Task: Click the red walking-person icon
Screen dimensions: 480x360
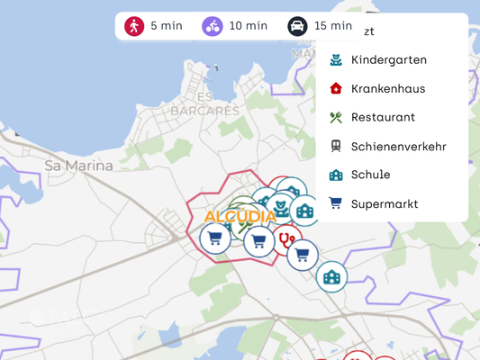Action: [x=134, y=26]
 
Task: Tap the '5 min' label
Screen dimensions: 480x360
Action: [x=167, y=26]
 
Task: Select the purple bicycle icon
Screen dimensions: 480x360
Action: [x=213, y=26]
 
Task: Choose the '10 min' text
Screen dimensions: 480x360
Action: [x=249, y=26]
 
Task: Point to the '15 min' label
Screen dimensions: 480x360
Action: [x=333, y=26]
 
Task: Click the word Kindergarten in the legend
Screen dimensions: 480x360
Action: [x=389, y=59]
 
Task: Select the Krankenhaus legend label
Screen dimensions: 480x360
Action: [x=388, y=88]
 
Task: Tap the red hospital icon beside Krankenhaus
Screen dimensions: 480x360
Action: [x=336, y=88]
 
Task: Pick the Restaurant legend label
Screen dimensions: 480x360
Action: [x=383, y=117]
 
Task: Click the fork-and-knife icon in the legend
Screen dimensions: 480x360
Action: [x=336, y=117]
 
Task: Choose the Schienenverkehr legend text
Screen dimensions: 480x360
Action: [x=399, y=146]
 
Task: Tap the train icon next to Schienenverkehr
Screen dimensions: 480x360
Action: [x=336, y=146]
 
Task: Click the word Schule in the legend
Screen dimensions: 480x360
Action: [x=371, y=175]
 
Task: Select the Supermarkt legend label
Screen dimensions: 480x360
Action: [x=385, y=203]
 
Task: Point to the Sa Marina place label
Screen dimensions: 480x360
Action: [x=79, y=166]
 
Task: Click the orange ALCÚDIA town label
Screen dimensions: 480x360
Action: [x=240, y=217]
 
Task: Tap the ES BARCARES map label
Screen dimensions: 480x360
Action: [x=205, y=104]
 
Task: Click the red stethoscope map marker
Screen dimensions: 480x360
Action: [x=287, y=240]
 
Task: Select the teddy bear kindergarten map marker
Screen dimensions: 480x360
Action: [x=281, y=208]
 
